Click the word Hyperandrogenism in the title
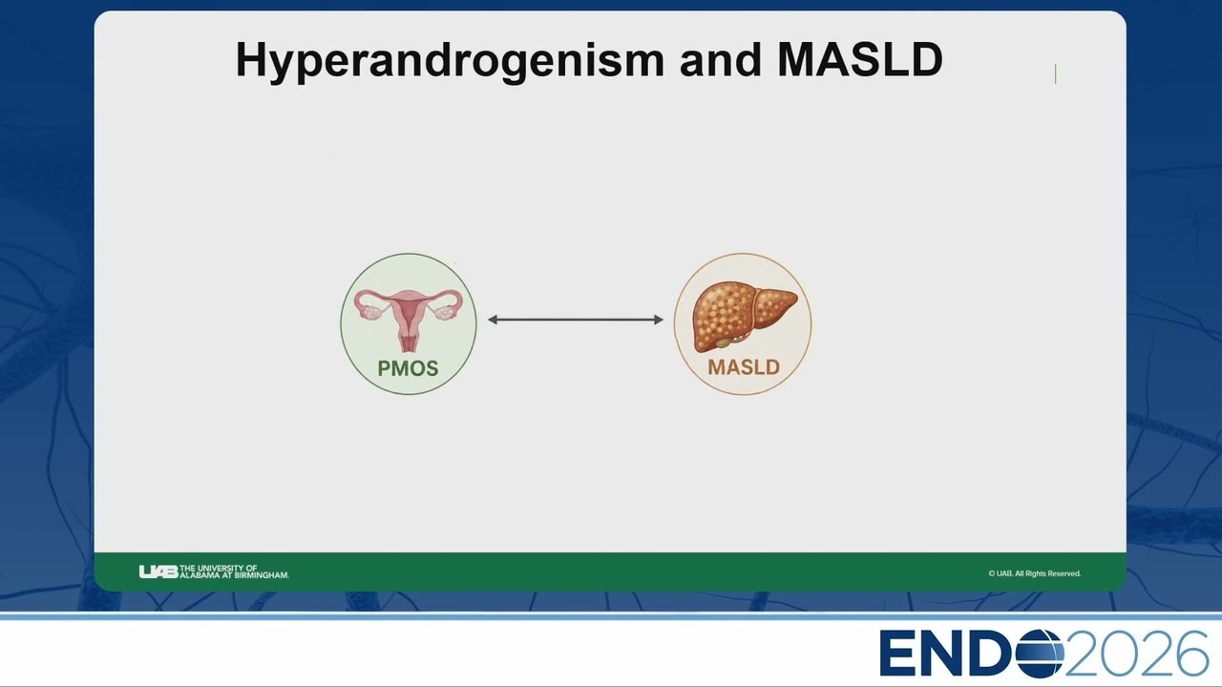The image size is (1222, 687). (x=450, y=61)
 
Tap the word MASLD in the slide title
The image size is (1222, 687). (x=860, y=59)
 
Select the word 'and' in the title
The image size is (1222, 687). (x=721, y=59)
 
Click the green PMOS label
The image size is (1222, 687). (x=408, y=368)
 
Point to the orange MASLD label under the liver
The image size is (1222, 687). (x=744, y=367)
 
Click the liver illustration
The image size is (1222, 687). (x=744, y=316)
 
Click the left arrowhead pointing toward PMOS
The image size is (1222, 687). (x=492, y=320)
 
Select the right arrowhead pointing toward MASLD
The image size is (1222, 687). (x=659, y=320)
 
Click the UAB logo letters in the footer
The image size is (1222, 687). (x=158, y=572)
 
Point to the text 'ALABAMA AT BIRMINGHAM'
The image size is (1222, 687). (x=235, y=575)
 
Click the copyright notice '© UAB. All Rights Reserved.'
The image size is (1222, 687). (x=1034, y=573)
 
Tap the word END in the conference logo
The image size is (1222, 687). (x=947, y=654)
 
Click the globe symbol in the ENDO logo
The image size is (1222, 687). (x=1040, y=654)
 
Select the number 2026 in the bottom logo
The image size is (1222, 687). (x=1137, y=654)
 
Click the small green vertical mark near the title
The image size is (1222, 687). (x=1056, y=74)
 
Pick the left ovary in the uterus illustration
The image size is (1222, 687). (x=372, y=312)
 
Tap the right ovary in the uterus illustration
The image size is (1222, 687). (x=445, y=312)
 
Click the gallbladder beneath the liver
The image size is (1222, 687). (x=722, y=343)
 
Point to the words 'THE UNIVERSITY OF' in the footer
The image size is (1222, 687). (x=219, y=568)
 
